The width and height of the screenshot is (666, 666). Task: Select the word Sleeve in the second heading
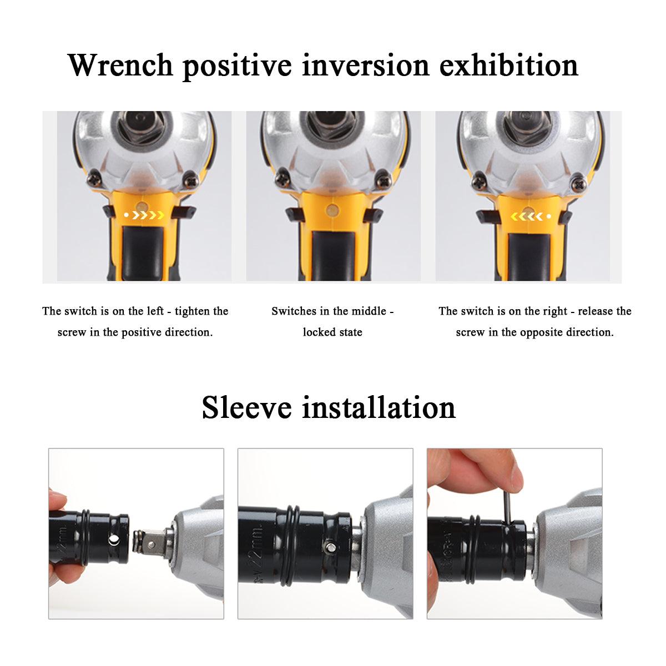246,407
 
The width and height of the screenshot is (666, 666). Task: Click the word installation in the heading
379,407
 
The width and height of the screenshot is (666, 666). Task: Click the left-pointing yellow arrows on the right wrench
526,216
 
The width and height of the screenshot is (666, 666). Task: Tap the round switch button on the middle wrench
332,209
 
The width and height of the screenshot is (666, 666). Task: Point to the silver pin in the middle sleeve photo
331,547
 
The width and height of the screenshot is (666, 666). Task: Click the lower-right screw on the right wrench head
578,185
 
